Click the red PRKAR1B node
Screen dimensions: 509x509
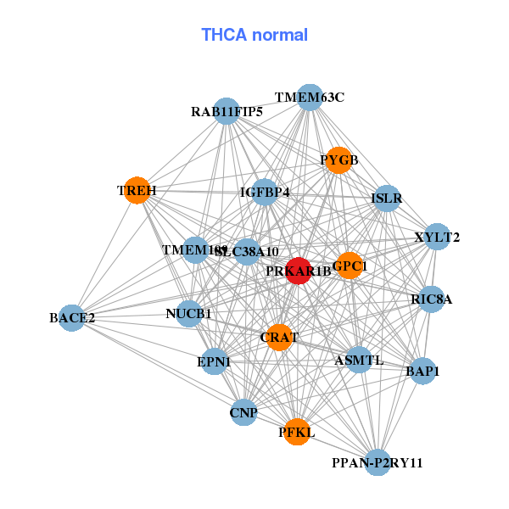click(299, 271)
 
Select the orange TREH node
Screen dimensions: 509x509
click(137, 191)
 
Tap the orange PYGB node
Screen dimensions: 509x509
click(338, 160)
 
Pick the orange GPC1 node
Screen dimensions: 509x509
click(350, 266)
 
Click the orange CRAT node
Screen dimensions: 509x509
click(279, 337)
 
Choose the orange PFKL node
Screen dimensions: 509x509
click(296, 432)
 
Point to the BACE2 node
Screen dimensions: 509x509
click(72, 318)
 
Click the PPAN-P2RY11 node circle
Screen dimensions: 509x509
click(378, 462)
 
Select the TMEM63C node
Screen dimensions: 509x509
click(309, 98)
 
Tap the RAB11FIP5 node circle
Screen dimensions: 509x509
click(227, 111)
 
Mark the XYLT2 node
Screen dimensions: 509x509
click(436, 237)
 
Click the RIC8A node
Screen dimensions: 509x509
click(432, 299)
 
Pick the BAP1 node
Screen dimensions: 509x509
click(422, 371)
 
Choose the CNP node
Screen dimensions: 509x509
click(243, 412)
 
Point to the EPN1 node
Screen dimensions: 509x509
click(214, 361)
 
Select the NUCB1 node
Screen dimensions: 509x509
click(189, 314)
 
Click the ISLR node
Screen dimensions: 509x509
click(386, 199)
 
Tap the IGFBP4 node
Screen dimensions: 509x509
click(265, 193)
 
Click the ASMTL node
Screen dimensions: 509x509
click(359, 360)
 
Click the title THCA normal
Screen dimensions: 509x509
click(255, 35)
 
